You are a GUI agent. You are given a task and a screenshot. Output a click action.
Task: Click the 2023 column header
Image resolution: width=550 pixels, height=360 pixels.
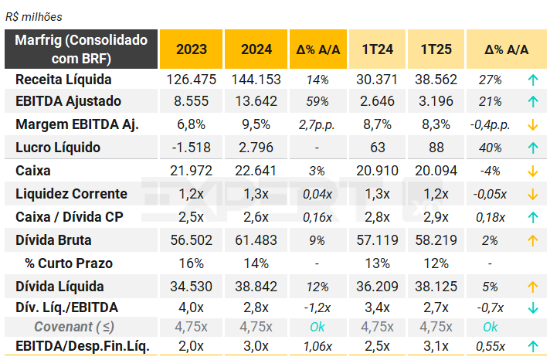click(191, 49)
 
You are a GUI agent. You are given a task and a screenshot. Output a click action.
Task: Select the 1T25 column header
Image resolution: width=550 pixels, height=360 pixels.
click(436, 49)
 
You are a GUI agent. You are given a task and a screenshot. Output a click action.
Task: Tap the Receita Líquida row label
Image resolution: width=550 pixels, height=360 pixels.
click(63, 79)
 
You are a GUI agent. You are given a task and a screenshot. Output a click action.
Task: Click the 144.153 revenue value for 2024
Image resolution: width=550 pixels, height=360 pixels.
click(256, 79)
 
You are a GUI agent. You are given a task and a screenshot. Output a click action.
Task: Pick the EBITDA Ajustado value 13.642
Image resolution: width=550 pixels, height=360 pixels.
click(256, 101)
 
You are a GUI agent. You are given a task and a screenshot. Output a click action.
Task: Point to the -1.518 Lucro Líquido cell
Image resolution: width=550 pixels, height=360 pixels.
click(191, 148)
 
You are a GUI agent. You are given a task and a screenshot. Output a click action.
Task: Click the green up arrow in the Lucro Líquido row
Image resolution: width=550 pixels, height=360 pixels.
click(532, 148)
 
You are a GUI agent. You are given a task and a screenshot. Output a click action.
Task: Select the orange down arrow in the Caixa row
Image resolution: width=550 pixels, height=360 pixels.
click(532, 171)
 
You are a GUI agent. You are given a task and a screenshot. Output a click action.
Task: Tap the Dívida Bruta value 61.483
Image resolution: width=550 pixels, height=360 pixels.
click(256, 240)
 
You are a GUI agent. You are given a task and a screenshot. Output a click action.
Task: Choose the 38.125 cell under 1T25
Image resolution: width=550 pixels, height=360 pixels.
click(436, 287)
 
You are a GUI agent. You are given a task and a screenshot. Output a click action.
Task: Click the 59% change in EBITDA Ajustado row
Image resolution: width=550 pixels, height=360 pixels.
click(317, 101)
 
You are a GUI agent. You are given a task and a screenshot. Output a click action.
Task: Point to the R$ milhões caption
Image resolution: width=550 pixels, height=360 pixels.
click(34, 16)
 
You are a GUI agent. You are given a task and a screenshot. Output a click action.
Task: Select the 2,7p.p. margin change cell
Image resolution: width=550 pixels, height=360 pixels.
click(317, 125)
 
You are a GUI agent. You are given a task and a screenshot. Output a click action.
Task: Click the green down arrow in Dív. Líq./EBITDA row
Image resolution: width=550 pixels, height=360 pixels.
click(532, 307)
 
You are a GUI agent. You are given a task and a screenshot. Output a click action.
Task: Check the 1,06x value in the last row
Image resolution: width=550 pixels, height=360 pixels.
click(317, 346)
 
